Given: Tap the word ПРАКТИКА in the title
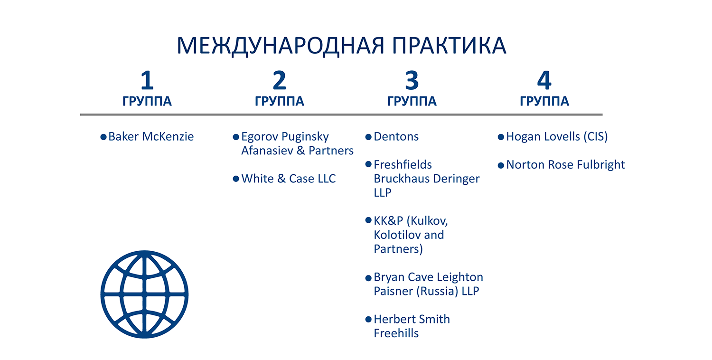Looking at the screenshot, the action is click(449, 46).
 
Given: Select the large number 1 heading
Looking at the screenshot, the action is click(147, 80).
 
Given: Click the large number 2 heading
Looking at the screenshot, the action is click(280, 80).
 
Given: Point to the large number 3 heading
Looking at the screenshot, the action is click(412, 80).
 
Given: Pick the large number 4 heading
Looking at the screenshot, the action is click(544, 80).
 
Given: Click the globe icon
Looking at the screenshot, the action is click(144, 294).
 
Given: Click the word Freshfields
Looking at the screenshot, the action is click(403, 164).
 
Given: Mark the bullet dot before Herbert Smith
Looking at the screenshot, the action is click(368, 319).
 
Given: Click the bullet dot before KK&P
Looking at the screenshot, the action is click(368, 220).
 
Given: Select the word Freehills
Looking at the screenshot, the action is click(396, 333).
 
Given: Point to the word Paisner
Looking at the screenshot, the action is click(393, 291).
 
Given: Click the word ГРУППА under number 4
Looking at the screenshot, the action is click(544, 102).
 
